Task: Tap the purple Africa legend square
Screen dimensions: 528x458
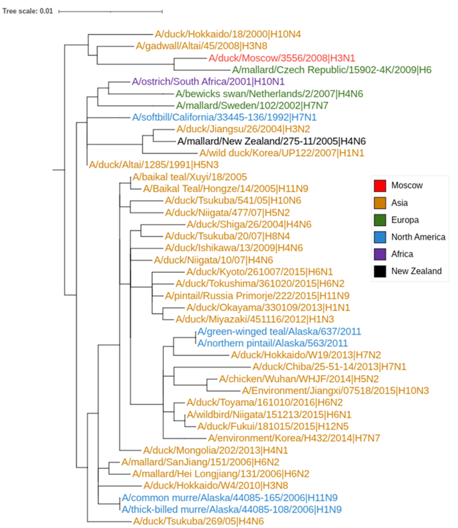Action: coord(380,254)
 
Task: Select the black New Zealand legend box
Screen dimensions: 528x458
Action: coord(380,271)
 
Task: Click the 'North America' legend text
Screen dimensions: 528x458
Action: coord(418,237)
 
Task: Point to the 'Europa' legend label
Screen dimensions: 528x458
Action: coord(405,220)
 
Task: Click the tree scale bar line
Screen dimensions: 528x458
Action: coord(110,11)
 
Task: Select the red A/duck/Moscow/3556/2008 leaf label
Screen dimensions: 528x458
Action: coord(282,58)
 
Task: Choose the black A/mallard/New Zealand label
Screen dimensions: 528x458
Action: coord(271,141)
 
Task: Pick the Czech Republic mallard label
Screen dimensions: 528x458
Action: coord(331,70)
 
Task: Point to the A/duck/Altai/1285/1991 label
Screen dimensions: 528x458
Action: coord(154,165)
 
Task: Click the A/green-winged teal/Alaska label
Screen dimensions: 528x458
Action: coord(279,332)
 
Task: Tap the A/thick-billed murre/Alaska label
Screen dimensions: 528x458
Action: coord(232,510)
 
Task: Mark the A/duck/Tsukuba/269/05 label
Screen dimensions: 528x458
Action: coord(198,521)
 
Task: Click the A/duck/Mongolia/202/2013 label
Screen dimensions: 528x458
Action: coord(215,450)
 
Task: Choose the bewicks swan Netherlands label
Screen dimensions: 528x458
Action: coord(269,94)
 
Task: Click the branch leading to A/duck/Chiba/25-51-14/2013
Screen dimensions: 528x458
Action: coord(212,367)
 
